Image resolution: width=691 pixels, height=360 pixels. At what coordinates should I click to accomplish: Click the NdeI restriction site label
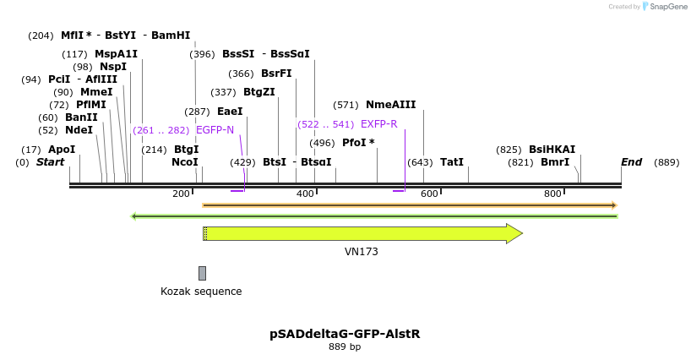(79, 130)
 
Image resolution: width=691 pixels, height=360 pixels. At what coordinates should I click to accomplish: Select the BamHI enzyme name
(171, 35)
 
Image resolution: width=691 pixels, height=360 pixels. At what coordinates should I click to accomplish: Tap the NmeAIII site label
(391, 105)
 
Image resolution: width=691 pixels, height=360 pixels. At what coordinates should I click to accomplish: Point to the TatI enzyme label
(452, 162)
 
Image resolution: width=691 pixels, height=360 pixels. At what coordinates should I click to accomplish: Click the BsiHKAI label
(552, 150)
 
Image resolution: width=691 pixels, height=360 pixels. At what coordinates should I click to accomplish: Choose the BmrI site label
(555, 162)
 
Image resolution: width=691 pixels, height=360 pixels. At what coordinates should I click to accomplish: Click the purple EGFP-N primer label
(215, 130)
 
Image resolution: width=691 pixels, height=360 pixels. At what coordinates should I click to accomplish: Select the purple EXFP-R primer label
(379, 124)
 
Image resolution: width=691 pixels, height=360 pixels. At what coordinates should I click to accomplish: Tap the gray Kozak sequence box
(202, 273)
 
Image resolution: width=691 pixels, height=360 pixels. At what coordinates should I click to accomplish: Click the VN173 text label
(362, 252)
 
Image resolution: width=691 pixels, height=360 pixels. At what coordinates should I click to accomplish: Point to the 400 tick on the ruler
(317, 192)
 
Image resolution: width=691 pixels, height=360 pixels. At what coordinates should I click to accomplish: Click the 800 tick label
(552, 194)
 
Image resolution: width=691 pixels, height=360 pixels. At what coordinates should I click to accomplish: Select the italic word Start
(50, 162)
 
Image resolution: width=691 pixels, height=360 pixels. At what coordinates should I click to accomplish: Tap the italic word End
(632, 162)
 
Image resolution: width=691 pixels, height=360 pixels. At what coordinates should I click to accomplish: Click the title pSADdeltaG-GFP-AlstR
(345, 334)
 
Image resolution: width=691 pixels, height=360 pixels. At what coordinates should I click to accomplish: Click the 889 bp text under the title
(345, 346)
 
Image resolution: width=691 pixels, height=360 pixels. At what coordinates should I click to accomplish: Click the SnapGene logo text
(668, 7)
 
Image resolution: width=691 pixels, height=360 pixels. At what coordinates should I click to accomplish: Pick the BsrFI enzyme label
(276, 74)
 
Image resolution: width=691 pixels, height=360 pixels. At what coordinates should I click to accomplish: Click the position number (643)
(420, 162)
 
